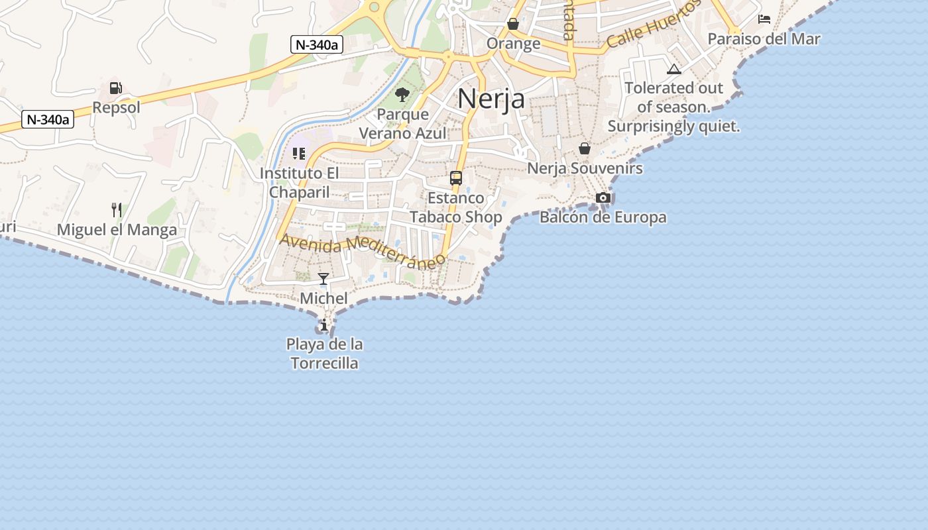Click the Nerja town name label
491,99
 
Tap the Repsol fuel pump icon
115,88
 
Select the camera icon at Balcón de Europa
603,197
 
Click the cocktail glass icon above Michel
323,279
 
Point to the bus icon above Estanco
456,178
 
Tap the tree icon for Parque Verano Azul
402,95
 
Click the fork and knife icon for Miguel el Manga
117,210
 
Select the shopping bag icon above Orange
513,25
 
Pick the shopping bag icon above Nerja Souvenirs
585,148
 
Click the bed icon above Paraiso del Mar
764,19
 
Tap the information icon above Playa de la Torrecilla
323,325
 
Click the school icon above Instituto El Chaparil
299,154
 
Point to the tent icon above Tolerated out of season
673,69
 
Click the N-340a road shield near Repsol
48,120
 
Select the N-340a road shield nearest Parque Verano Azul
317,45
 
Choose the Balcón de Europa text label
603,217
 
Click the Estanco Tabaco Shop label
456,207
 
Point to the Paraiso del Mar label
764,39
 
